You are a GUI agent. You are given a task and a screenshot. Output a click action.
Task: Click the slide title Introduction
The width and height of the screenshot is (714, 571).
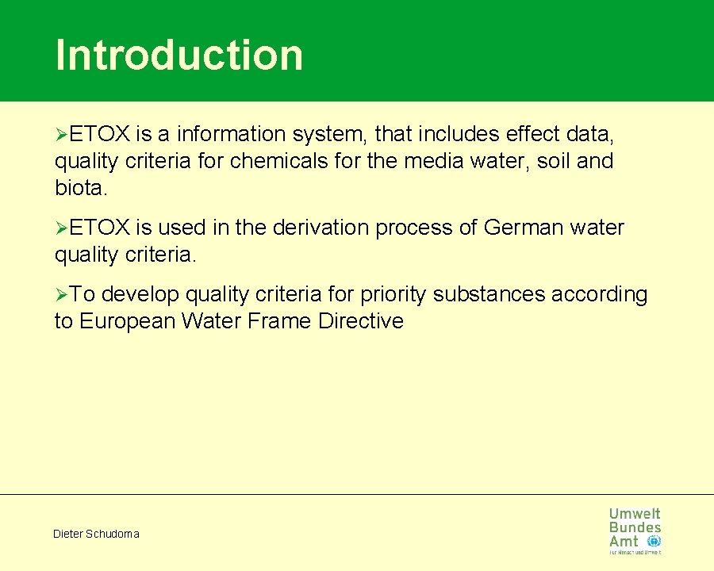tap(179, 55)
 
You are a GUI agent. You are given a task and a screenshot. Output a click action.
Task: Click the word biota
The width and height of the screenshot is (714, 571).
tap(80, 188)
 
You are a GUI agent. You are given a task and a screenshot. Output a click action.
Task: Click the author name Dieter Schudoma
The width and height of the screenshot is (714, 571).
tap(96, 534)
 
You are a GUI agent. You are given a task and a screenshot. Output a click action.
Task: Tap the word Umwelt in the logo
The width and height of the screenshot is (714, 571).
tap(635, 514)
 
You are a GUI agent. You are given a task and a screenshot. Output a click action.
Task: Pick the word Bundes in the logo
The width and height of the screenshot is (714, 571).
tap(635, 527)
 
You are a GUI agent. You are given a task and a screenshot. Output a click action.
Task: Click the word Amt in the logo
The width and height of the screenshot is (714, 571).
tap(624, 541)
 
